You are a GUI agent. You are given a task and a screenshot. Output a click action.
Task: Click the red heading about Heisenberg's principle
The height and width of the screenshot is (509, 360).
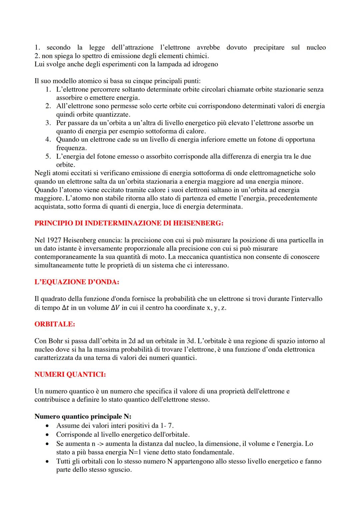click(129, 223)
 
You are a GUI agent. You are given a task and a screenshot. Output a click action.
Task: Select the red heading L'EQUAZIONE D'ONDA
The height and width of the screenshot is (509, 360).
click(77, 282)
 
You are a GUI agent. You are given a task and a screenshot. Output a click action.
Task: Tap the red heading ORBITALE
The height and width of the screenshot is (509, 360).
click(55, 324)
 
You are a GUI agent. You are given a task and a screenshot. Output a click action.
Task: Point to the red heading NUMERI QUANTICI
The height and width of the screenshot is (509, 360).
click(70, 375)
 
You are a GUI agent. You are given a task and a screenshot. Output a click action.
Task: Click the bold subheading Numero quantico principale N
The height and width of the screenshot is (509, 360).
click(83, 417)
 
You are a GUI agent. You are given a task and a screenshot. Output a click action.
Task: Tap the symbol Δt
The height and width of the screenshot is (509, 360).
click(66, 308)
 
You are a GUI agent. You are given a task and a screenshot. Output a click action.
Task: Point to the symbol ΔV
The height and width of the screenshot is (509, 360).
click(115, 308)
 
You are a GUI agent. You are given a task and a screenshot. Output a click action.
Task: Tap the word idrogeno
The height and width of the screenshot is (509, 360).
click(205, 64)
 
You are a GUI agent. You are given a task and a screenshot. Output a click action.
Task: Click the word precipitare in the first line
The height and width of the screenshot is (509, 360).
click(269, 47)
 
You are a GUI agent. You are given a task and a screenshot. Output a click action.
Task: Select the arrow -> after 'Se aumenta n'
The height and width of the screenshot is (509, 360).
click(99, 444)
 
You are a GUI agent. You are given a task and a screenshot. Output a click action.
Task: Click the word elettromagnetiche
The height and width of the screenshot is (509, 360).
click(278, 173)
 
